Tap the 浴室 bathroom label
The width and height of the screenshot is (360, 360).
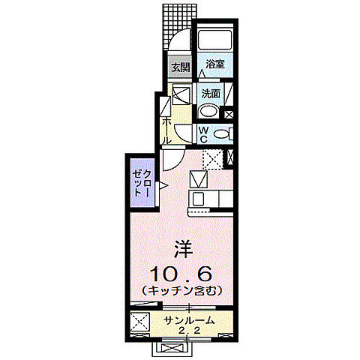point(215,65)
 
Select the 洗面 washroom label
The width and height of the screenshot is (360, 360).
point(211,94)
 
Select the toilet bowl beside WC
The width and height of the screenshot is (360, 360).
point(221,134)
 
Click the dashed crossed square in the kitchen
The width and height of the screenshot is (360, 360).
point(213,157)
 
